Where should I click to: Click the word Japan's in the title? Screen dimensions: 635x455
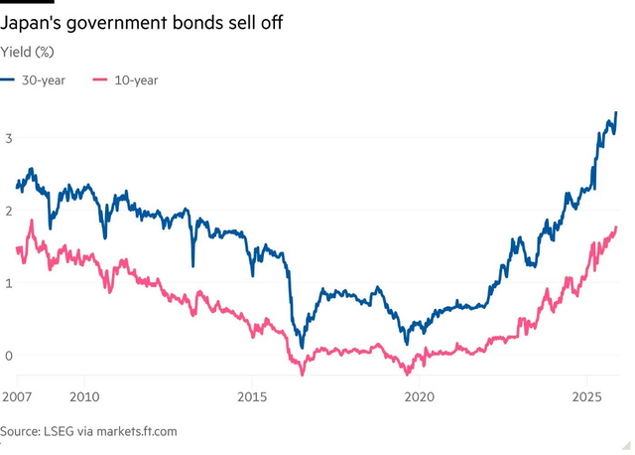[30, 22]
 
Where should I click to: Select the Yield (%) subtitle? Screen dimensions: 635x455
[27, 52]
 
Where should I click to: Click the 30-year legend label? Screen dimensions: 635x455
[44, 80]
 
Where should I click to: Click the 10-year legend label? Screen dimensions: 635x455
[136, 80]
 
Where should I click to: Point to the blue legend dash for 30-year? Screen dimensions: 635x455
[7, 79]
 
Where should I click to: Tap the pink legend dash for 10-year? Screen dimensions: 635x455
[100, 79]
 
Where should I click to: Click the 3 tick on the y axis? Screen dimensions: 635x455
[9, 138]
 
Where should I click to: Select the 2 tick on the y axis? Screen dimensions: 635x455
[9, 211]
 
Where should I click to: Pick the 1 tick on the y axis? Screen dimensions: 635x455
[9, 283]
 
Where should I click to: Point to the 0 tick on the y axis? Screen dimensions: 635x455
[9, 356]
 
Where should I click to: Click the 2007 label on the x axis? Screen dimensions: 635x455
[17, 396]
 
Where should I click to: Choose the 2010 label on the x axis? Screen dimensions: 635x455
[84, 396]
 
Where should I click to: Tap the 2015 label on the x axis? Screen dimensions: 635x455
[252, 396]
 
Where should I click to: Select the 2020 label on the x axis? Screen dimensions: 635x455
[420, 396]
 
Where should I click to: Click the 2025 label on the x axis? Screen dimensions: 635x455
[587, 396]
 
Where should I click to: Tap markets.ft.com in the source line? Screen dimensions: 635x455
[137, 431]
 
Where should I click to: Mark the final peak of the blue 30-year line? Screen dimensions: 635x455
[616, 112]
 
